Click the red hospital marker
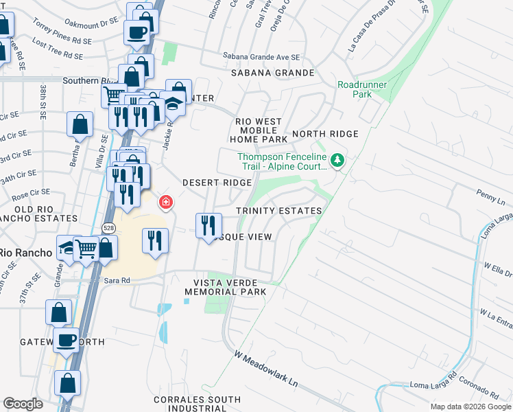165,202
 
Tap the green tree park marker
337,161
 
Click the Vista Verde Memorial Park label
225,287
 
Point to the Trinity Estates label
278,211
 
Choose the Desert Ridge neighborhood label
217,183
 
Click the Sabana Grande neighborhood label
272,72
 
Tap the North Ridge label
326,134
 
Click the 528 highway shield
109,227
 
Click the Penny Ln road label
492,196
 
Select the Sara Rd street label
117,280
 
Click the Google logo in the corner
23,404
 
